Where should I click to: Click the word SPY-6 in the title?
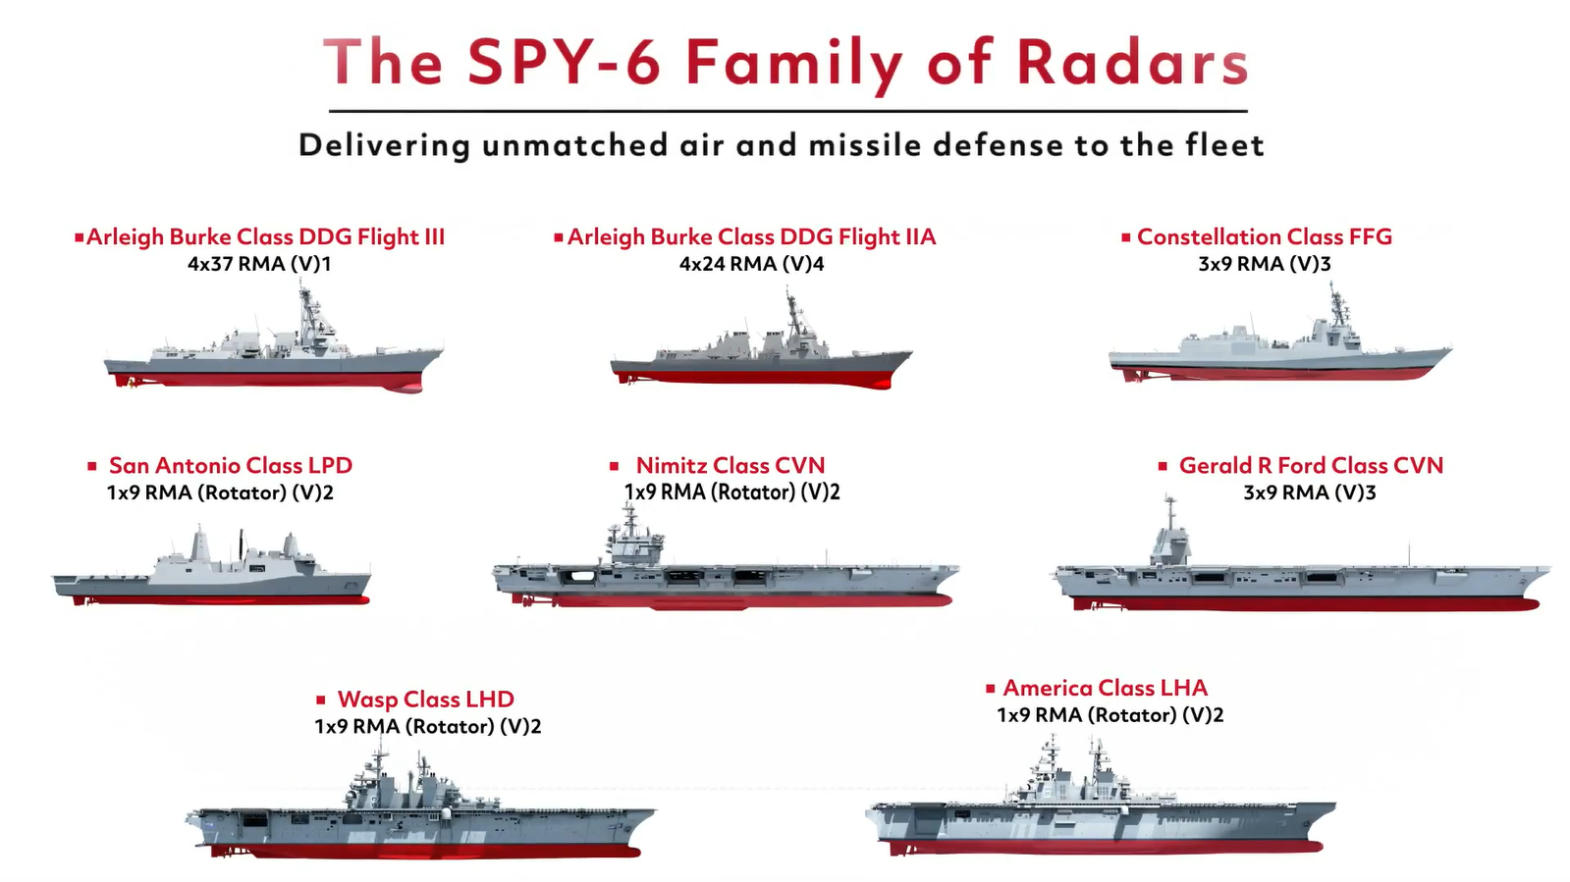(564, 63)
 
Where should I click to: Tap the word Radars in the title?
(1131, 63)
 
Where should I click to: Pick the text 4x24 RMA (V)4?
(751, 264)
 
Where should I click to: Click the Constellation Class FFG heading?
(1264, 236)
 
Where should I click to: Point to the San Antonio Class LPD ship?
(211, 573)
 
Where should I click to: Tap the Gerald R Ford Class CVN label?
(1311, 465)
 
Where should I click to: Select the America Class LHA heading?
(1105, 688)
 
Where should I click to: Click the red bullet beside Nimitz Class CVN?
(615, 466)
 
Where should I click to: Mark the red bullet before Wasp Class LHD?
(320, 700)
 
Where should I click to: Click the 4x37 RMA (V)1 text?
(259, 264)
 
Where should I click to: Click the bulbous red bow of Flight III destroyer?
(405, 387)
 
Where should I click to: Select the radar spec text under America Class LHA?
(1110, 715)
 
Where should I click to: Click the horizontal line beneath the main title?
(787, 111)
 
